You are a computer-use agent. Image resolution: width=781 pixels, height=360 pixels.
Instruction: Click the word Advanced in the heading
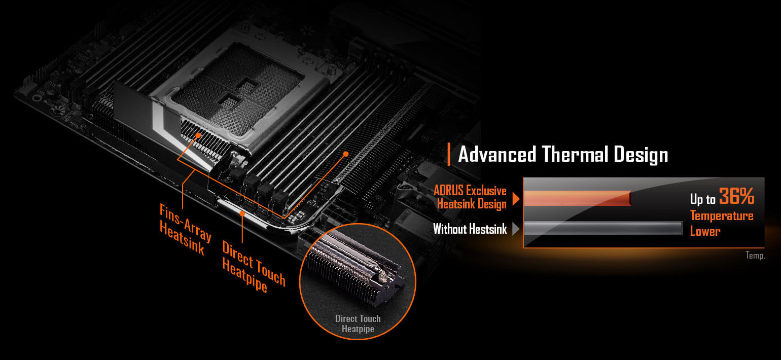(497, 154)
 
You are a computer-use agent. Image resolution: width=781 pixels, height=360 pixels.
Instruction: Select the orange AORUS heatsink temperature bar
(577, 198)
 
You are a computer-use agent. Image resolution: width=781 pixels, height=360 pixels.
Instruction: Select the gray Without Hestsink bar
(603, 228)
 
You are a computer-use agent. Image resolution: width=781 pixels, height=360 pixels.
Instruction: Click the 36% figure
(736, 196)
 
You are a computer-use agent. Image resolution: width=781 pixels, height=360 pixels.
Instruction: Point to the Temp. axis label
(755, 256)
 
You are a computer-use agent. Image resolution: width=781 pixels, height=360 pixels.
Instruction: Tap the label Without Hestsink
(470, 229)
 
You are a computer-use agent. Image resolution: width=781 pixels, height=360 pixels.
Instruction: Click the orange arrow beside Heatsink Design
(516, 199)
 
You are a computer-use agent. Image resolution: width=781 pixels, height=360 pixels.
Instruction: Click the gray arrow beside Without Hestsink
(516, 229)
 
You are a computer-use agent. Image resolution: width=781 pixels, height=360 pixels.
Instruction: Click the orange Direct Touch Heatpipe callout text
(254, 267)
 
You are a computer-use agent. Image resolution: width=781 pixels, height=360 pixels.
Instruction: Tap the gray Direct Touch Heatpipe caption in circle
(358, 324)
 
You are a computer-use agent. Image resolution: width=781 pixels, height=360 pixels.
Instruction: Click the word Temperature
(722, 216)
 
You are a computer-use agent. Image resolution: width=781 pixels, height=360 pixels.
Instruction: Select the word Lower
(705, 231)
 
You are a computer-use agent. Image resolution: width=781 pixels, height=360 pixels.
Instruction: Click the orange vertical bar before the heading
(449, 154)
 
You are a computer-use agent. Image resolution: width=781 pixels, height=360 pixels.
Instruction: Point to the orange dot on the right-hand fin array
(346, 154)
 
